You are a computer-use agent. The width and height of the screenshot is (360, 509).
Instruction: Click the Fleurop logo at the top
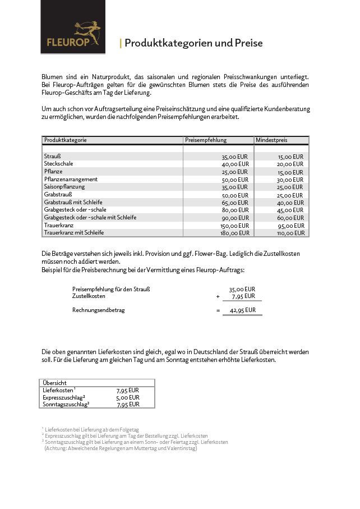[72, 34]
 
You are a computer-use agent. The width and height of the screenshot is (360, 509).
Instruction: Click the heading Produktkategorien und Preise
[193, 44]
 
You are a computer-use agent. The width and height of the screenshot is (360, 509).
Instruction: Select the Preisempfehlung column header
[206, 140]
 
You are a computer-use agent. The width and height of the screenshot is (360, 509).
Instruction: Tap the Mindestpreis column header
[271, 140]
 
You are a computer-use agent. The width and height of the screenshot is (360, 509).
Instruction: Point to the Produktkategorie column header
[66, 140]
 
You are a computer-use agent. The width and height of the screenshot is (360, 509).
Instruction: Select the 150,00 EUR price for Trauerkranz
[234, 225]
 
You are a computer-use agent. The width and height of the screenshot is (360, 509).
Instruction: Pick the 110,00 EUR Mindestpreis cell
[292, 232]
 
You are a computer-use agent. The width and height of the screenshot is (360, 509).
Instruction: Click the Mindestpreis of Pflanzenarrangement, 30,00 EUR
[290, 180]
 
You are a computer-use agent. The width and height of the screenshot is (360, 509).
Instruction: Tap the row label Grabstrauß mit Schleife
[73, 202]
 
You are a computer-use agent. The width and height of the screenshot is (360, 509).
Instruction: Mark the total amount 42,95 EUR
[242, 310]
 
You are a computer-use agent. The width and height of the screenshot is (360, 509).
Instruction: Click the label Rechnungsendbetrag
[99, 310]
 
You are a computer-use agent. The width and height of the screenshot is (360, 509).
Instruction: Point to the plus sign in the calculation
[218, 296]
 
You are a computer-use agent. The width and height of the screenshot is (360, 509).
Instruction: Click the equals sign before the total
[218, 310]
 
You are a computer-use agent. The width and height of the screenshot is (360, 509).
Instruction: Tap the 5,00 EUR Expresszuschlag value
[127, 397]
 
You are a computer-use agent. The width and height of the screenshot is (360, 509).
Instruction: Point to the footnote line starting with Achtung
[121, 448]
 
